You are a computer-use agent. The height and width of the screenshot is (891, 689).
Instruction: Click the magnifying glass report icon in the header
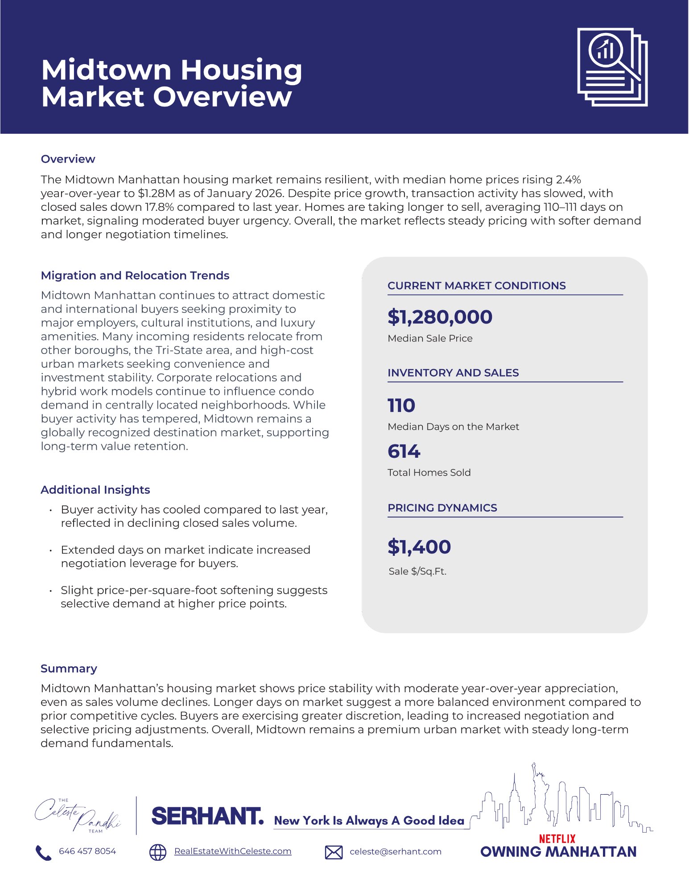tap(612, 67)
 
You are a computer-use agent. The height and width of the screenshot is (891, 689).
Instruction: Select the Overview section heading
tap(68, 159)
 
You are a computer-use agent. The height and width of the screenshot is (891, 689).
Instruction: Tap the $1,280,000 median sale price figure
tap(440, 317)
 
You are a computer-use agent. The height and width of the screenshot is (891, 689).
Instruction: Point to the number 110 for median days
tap(401, 406)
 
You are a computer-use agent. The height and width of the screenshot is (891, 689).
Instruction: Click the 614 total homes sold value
tap(404, 452)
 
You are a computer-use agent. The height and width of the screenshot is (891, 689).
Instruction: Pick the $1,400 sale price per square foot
tap(419, 547)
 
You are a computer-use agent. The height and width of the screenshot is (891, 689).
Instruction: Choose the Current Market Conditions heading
tap(476, 286)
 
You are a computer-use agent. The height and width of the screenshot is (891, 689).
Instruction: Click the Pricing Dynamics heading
tap(442, 508)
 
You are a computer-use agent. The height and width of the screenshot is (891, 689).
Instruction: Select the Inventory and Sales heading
tap(453, 373)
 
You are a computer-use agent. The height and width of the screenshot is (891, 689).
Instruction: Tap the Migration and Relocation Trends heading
tap(135, 275)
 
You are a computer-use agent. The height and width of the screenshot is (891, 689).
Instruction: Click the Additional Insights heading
tap(95, 490)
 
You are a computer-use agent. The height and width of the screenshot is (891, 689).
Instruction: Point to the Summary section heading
tap(69, 669)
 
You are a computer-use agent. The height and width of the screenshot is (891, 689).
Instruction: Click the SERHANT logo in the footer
tap(207, 816)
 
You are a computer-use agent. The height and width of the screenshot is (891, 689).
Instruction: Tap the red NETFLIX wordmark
tap(557, 839)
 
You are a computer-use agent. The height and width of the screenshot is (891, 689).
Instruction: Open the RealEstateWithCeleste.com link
tap(232, 851)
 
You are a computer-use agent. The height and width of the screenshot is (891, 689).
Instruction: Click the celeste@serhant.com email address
tap(395, 852)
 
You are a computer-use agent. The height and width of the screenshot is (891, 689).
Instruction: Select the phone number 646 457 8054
tap(87, 851)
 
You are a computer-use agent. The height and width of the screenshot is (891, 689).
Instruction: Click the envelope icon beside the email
tap(334, 852)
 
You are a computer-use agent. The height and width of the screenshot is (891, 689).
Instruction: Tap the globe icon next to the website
tap(157, 852)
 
